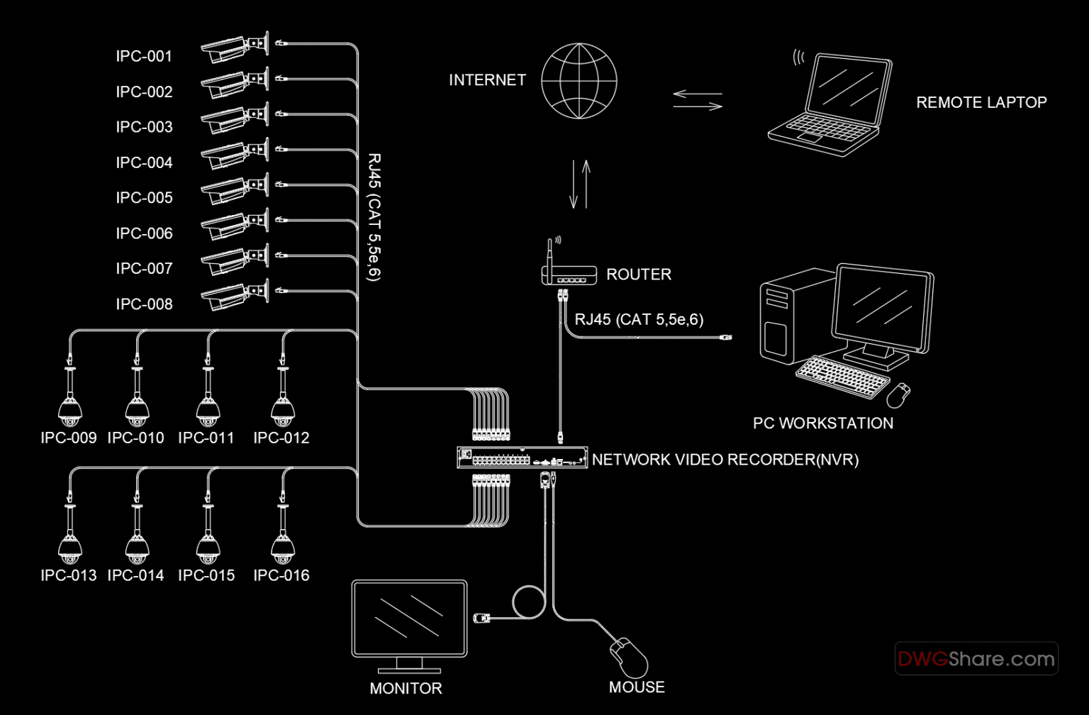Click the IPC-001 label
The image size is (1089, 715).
pyautogui.click(x=144, y=57)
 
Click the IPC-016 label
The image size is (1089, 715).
pyautogui.click(x=281, y=575)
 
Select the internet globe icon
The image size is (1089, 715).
pyautogui.click(x=579, y=81)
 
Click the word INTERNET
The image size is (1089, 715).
pyautogui.click(x=487, y=80)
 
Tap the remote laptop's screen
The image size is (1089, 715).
pyautogui.click(x=849, y=89)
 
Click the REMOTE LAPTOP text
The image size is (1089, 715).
pyautogui.click(x=981, y=102)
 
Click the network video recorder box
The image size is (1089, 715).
pyautogui.click(x=522, y=458)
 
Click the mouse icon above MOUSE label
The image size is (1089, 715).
pyautogui.click(x=630, y=657)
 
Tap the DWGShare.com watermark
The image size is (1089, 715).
pyautogui.click(x=976, y=659)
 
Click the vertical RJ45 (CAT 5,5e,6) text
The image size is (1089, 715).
pyautogui.click(x=374, y=217)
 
